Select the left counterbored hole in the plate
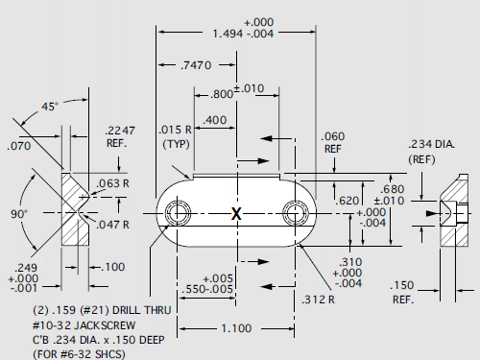177,213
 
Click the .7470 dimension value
196,65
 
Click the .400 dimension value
216,120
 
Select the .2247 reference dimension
119,132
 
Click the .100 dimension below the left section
112,266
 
